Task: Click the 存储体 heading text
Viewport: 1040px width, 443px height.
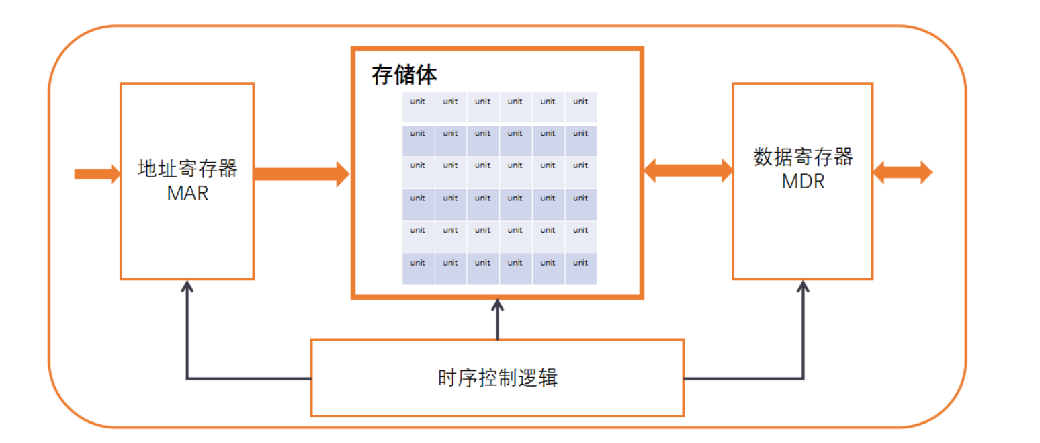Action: (404, 75)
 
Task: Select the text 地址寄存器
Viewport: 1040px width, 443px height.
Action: (187, 168)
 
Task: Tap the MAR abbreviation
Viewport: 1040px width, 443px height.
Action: (187, 193)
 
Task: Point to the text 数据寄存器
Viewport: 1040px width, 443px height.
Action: (803, 157)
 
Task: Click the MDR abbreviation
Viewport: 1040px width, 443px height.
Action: (803, 182)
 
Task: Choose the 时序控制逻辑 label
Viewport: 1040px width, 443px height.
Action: (497, 378)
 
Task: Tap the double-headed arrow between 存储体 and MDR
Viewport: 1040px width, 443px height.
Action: (688, 170)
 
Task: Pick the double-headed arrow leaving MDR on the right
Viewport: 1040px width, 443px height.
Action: (902, 173)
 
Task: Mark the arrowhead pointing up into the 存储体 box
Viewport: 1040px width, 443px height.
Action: (497, 306)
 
